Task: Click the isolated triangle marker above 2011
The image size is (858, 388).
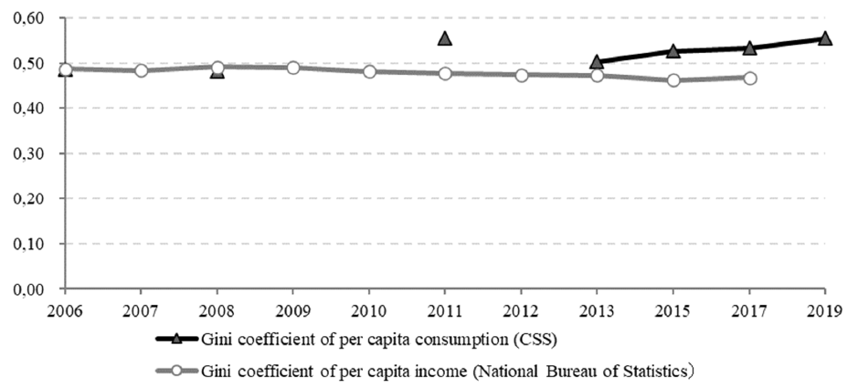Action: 445,38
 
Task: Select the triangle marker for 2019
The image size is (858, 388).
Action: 825,38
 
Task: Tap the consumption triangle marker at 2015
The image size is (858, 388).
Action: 673,51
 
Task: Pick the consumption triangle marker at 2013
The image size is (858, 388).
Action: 597,62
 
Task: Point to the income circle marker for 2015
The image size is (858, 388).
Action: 673,80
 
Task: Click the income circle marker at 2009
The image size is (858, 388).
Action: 293,68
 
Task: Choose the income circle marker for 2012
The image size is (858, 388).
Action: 522,75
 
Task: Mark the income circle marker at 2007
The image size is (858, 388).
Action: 142,70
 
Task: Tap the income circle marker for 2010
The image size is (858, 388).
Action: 369,71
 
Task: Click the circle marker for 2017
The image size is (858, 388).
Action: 749,79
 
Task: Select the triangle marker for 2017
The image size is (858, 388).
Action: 749,48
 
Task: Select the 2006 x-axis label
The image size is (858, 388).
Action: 65,312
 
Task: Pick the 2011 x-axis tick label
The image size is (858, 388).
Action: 445,312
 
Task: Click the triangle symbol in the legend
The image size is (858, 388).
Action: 175,340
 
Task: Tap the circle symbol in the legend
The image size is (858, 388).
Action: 175,371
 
